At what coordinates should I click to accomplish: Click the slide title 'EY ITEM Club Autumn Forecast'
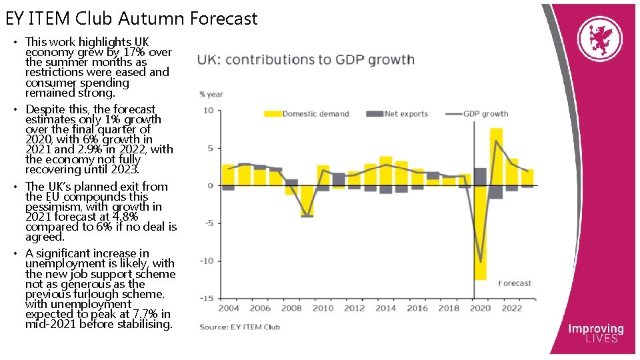(131, 19)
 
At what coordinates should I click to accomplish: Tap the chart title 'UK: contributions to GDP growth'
(305, 60)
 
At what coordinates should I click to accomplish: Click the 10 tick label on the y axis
(208, 111)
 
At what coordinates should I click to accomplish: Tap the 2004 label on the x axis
(228, 309)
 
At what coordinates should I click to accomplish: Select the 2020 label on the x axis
(480, 309)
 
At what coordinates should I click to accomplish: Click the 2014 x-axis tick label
(385, 309)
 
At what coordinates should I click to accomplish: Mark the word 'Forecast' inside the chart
(515, 283)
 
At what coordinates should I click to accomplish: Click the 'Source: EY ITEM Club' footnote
(240, 327)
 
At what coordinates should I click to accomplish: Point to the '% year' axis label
(211, 94)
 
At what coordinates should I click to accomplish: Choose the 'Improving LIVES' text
(595, 333)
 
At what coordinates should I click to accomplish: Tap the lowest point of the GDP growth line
(480, 262)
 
